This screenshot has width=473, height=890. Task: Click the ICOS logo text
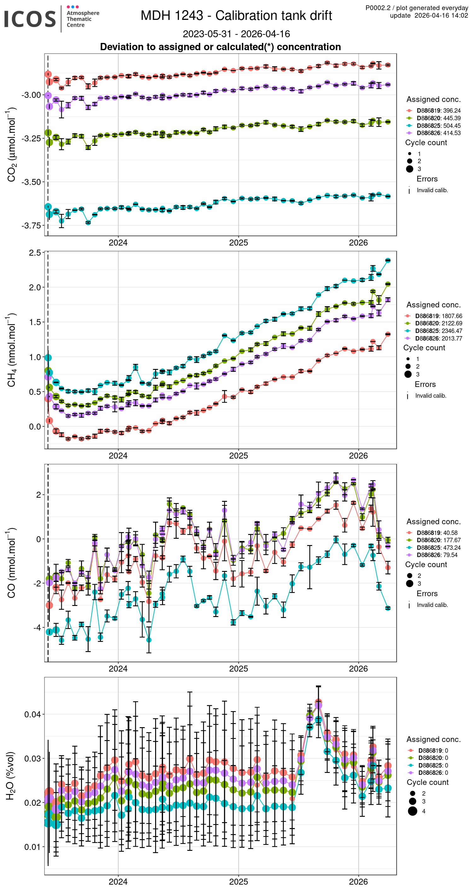pyautogui.click(x=30, y=19)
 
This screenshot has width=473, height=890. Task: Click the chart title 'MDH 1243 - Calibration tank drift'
pyautogui.click(x=236, y=15)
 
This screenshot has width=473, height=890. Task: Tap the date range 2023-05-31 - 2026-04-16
pyautogui.click(x=236, y=34)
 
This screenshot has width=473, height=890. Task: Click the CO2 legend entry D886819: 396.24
pyautogui.click(x=438, y=110)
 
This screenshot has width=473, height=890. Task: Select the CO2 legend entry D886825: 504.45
pyautogui.click(x=438, y=126)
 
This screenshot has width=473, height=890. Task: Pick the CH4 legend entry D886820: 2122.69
pyautogui.click(x=438, y=323)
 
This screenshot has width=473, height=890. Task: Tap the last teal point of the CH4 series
pyautogui.click(x=388, y=260)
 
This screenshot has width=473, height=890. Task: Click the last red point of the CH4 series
pyautogui.click(x=388, y=334)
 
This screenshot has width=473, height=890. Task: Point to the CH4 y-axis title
pyautogui.click(x=11, y=350)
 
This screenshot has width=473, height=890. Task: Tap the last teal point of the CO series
pyautogui.click(x=388, y=608)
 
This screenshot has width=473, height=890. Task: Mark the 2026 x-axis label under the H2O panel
pyautogui.click(x=358, y=881)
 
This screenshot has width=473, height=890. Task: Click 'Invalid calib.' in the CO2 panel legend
pyautogui.click(x=432, y=190)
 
